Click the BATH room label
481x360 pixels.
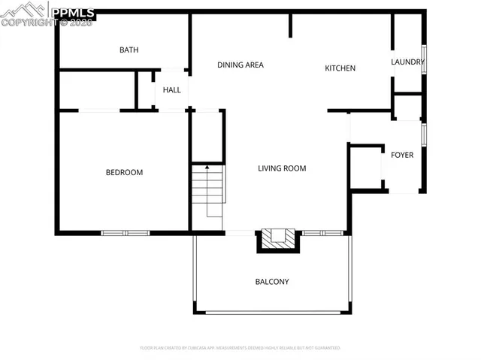pos(129,50)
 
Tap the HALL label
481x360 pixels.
pos(171,90)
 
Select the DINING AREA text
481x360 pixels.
pos(240,65)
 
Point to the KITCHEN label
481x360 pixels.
pos(340,68)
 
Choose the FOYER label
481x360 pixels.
pos(402,155)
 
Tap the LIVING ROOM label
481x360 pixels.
pos(282,168)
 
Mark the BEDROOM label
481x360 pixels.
pos(124,173)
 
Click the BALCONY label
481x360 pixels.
pos(272,282)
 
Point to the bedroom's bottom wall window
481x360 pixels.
pos(126,232)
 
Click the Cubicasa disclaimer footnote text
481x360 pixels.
pos(240,348)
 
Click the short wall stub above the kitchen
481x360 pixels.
pos(290,25)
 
